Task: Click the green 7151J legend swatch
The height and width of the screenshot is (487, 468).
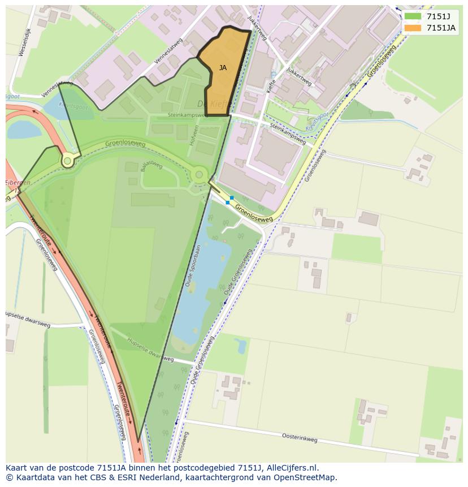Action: [413, 16]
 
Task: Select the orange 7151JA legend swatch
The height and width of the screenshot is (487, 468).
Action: [413, 28]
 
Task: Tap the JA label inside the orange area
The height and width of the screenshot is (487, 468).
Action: [223, 68]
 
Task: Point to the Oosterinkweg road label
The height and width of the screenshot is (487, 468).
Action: [299, 437]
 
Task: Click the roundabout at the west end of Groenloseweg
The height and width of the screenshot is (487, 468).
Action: [68, 161]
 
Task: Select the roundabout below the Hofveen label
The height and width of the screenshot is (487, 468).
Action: [199, 174]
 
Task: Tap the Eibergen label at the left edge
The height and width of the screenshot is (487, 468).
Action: [17, 183]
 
